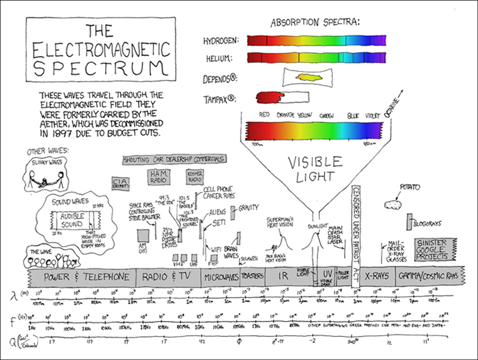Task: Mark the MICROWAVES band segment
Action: [221, 277]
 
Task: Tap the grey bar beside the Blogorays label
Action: [410, 222]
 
